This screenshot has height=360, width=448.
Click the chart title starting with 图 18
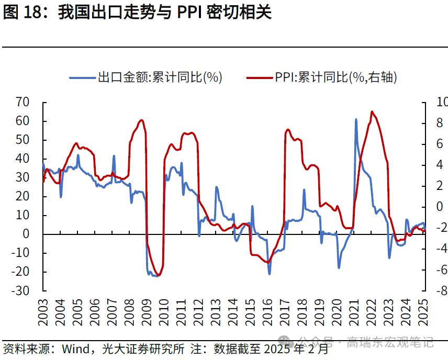click(137, 13)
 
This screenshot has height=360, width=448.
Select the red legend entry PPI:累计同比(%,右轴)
click(335, 77)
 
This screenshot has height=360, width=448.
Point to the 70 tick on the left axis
click(23, 102)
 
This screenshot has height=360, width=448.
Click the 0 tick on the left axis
click(26, 234)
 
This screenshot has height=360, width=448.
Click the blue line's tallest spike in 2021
click(356, 120)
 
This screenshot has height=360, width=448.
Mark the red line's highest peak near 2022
click(372, 111)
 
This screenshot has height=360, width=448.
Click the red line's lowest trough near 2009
click(158, 275)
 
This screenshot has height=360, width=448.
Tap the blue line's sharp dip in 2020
click(339, 267)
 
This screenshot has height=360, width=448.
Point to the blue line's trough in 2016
click(270, 273)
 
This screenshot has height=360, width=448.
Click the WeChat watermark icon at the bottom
click(287, 343)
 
